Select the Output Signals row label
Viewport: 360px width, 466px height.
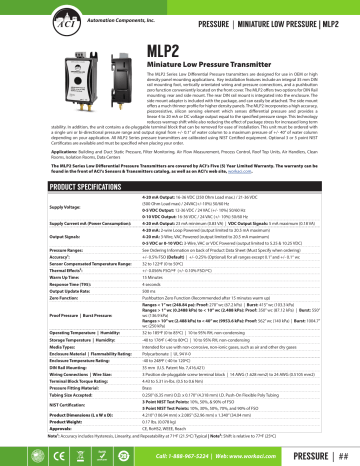(x=39, y=263)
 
